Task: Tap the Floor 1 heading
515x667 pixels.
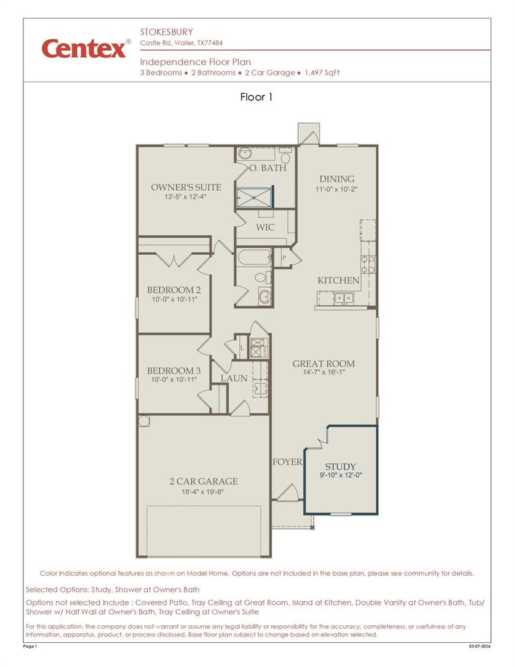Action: [x=256, y=97]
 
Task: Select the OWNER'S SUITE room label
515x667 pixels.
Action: [x=186, y=187]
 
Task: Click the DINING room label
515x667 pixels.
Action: [x=337, y=179]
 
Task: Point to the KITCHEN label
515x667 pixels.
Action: [x=338, y=280]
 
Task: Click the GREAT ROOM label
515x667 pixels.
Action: [x=323, y=363]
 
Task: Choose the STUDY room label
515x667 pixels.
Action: [x=341, y=466]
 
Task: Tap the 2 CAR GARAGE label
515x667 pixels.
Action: [x=203, y=481]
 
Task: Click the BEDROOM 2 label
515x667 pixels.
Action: [x=174, y=290]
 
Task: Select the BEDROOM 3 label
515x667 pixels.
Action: [x=174, y=371]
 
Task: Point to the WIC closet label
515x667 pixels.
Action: [x=265, y=227]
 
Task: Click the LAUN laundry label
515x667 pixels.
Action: [x=234, y=378]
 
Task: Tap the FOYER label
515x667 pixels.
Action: [x=288, y=462]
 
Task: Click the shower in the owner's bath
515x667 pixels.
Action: [x=255, y=197]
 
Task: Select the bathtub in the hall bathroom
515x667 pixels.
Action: [x=254, y=257]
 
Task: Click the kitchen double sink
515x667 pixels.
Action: [x=344, y=298]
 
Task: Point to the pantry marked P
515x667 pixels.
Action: [x=284, y=257]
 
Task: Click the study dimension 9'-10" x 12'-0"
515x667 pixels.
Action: [x=341, y=475]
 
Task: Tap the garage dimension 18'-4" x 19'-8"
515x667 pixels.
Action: [x=203, y=492]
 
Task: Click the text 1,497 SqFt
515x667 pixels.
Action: [x=322, y=73]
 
